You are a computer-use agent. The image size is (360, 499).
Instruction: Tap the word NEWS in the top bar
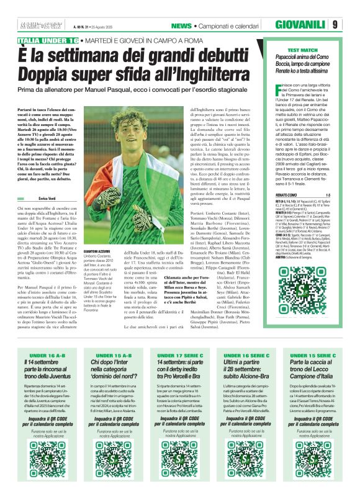pos(181,25)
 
